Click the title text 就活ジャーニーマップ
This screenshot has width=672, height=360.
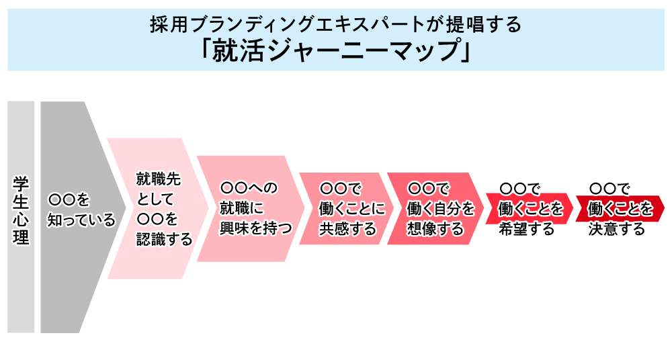point(336,51)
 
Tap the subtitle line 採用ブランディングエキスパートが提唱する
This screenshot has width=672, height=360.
point(336,25)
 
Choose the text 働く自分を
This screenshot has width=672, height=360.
point(441,209)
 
